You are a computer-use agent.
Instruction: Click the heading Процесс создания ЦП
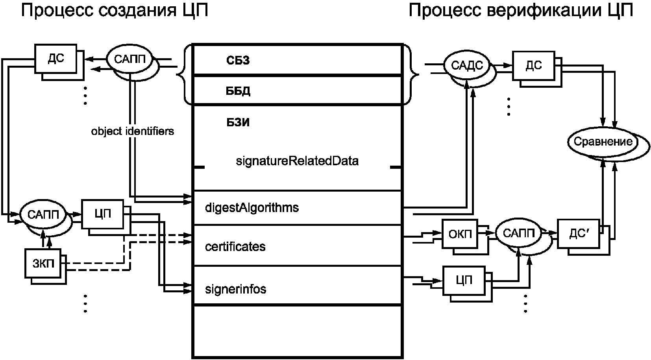115,11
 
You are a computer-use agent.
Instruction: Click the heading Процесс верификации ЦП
521,11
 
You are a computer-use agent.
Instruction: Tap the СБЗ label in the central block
238,61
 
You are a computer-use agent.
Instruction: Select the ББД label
238,91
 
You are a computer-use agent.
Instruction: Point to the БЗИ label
238,123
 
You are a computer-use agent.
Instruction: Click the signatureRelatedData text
297,161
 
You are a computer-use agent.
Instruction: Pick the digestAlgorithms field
252,208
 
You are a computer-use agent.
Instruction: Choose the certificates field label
235,247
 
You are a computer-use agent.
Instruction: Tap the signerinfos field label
235,289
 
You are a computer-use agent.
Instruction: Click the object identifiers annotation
133,131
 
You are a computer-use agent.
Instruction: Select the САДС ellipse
467,65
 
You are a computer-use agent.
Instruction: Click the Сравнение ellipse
603,142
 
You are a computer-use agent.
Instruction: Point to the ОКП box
460,234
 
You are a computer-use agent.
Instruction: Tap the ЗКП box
43,263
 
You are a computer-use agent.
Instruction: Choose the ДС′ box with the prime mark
578,234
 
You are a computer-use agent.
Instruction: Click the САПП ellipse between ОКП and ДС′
518,233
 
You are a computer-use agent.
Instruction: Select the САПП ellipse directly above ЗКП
43,215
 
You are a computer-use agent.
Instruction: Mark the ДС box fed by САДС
533,66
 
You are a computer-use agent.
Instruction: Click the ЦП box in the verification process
464,281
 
